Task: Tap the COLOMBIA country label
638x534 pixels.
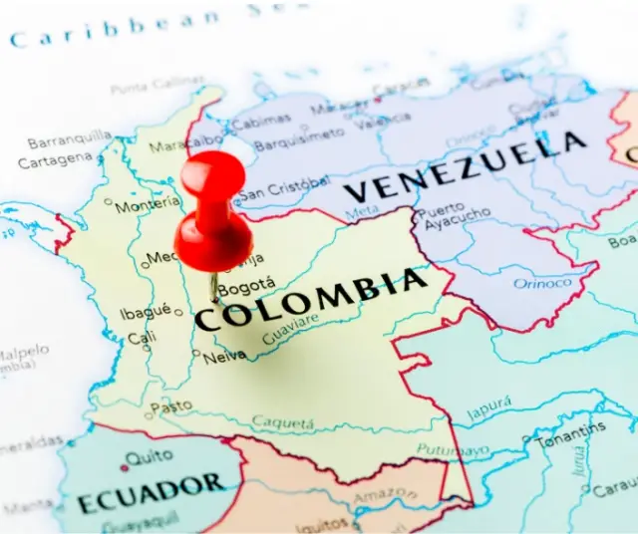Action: coord(311,300)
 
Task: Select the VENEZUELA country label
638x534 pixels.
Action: coord(465,170)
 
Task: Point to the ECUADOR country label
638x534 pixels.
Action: coord(151,493)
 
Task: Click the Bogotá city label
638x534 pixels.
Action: coord(246,289)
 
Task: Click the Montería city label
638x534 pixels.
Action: coord(148,205)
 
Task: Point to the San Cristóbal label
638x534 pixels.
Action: coord(284,188)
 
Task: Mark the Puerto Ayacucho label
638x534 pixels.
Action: coord(454,217)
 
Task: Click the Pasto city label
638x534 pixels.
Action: coord(170,406)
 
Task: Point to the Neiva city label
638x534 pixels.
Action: coord(224,355)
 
